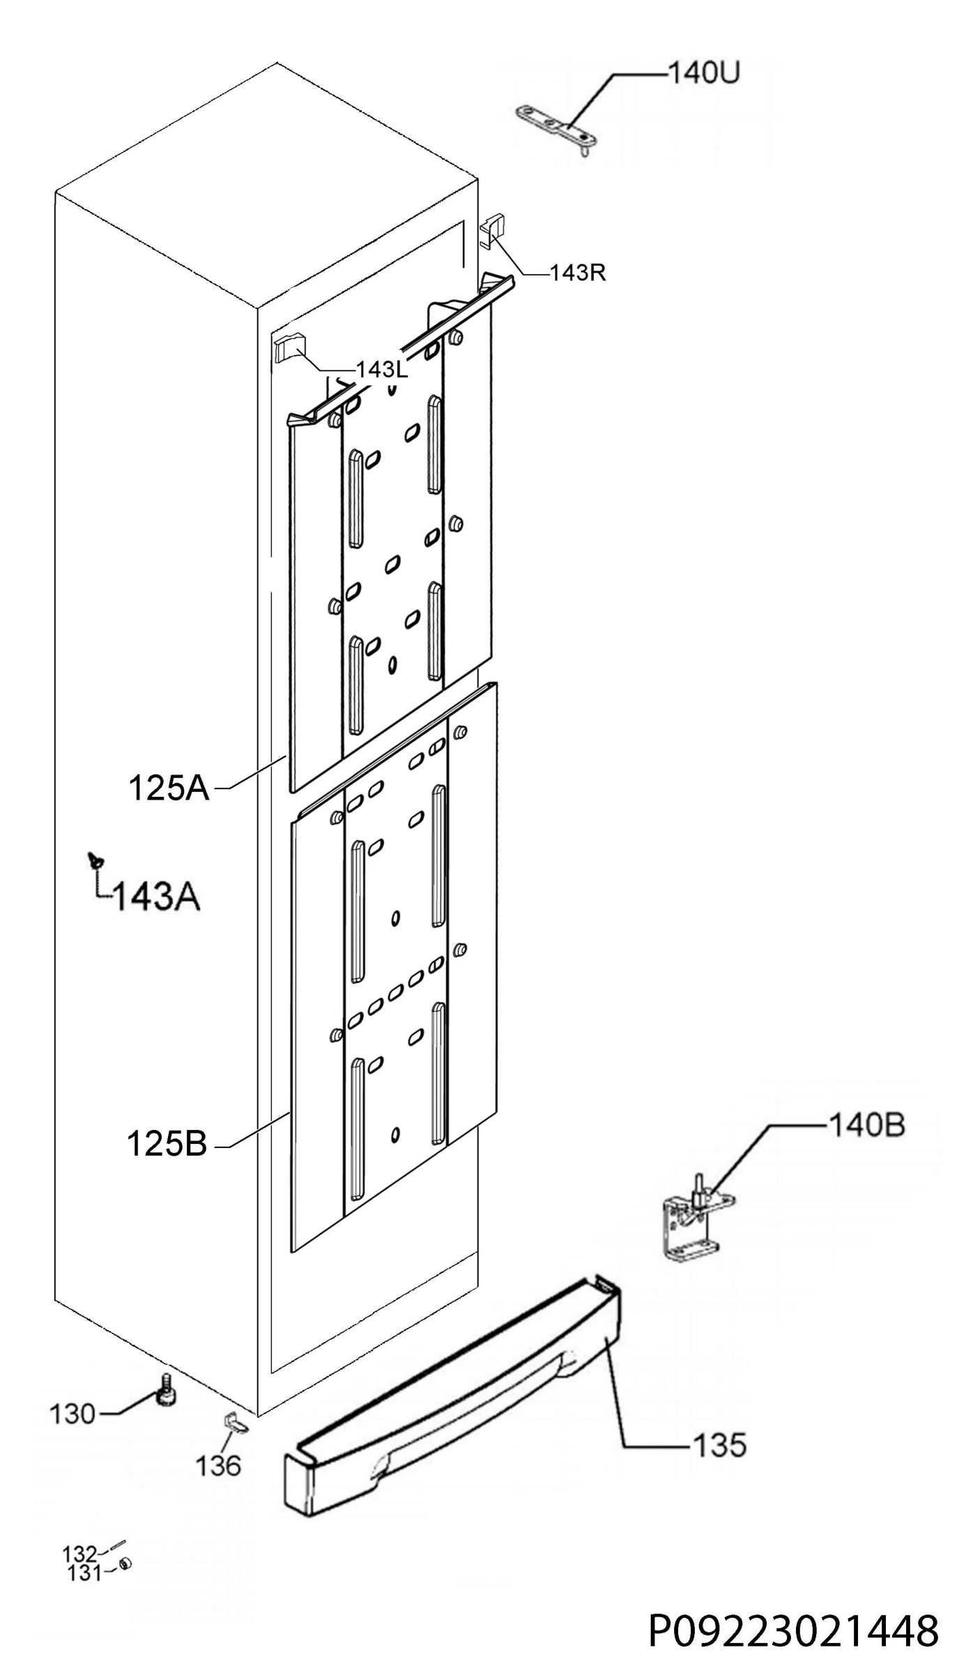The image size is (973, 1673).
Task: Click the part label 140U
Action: point(703,72)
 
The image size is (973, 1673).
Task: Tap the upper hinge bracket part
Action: point(556,128)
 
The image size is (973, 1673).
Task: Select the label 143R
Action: point(578,273)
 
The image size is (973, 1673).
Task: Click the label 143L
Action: point(382,369)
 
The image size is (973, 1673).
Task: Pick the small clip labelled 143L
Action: point(289,346)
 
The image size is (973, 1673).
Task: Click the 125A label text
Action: point(169,788)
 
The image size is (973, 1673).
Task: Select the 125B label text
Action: point(167,1144)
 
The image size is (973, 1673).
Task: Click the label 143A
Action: point(156,897)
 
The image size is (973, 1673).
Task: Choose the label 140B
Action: point(866,1125)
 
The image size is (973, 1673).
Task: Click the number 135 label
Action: point(719,1446)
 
